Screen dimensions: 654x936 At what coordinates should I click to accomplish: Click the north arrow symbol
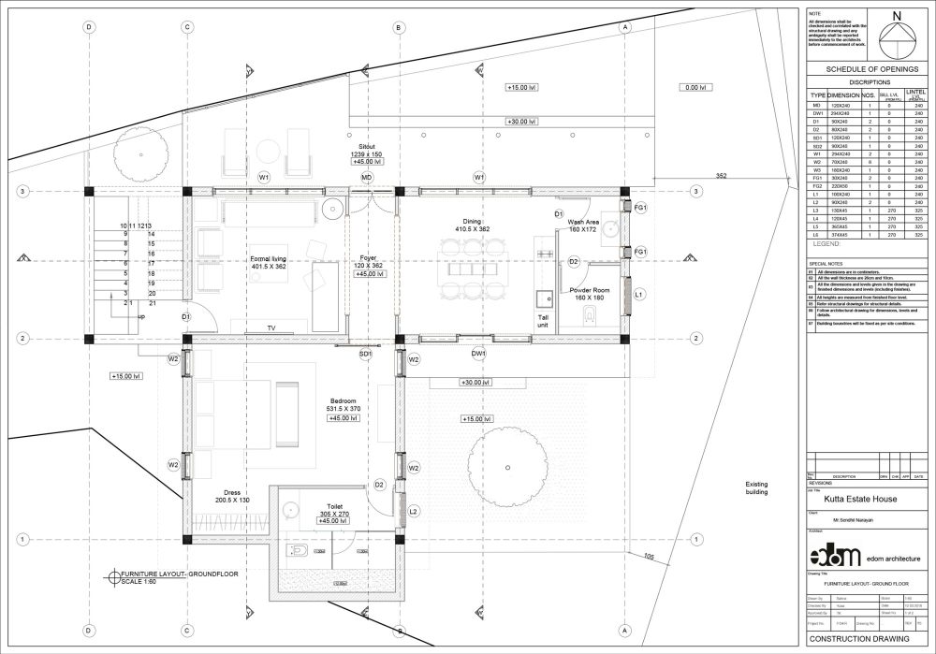pos(897,36)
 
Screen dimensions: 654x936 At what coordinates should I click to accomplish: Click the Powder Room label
pos(590,290)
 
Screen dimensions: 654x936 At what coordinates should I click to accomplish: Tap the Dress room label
pos(232,492)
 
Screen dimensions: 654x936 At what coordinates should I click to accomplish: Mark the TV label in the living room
pos(271,328)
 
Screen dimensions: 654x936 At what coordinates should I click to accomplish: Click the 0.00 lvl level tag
pos(694,87)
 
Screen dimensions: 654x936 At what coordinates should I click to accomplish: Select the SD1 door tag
pos(366,354)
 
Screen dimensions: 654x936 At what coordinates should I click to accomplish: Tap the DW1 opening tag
pos(478,354)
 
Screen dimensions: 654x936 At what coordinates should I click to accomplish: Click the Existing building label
pos(756,487)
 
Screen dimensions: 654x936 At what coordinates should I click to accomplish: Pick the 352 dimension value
pos(721,176)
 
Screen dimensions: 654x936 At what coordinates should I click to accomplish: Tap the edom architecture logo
pos(834,556)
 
